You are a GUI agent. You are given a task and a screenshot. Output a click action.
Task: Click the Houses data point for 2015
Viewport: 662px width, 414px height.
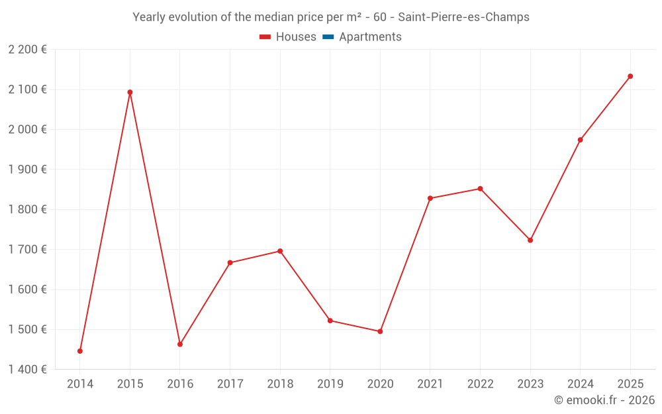tap(130, 92)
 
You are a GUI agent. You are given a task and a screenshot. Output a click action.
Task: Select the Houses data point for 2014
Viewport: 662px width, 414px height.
tap(80, 351)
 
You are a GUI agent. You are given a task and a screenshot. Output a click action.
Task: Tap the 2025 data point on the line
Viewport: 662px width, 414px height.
tap(630, 76)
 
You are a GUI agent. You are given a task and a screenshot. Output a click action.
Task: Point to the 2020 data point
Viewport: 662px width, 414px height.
tap(380, 331)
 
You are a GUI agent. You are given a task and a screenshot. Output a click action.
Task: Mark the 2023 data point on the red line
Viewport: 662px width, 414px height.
tap(530, 240)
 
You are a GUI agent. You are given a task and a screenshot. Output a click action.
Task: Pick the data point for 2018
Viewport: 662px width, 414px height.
tap(280, 251)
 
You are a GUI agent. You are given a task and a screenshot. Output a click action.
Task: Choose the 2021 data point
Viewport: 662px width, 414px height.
tap(430, 198)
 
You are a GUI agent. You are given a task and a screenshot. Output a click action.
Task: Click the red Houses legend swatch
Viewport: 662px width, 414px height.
tap(265, 37)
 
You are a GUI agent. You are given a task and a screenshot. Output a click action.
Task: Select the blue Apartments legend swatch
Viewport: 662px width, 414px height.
tap(328, 37)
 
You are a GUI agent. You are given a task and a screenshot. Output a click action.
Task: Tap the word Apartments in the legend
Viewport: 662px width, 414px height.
tap(370, 37)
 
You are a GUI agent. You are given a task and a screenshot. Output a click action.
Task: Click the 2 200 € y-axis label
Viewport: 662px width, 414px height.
tap(27, 50)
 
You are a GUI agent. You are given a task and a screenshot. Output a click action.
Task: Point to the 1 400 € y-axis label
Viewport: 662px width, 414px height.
tap(27, 370)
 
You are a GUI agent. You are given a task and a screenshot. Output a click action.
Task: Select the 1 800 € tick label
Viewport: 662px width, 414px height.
tap(27, 209)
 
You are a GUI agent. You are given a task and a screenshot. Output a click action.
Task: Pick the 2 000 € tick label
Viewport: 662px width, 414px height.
tap(27, 129)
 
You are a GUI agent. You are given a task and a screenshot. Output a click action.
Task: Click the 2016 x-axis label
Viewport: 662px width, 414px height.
tap(180, 384)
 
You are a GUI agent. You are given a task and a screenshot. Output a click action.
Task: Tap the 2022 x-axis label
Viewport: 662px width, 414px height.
tap(480, 384)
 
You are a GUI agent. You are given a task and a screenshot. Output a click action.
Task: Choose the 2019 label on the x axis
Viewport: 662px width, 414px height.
tap(330, 384)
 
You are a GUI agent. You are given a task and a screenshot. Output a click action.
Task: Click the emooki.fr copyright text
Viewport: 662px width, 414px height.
tap(604, 400)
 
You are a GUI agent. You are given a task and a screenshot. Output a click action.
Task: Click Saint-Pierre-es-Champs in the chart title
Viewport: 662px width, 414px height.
tap(463, 17)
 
